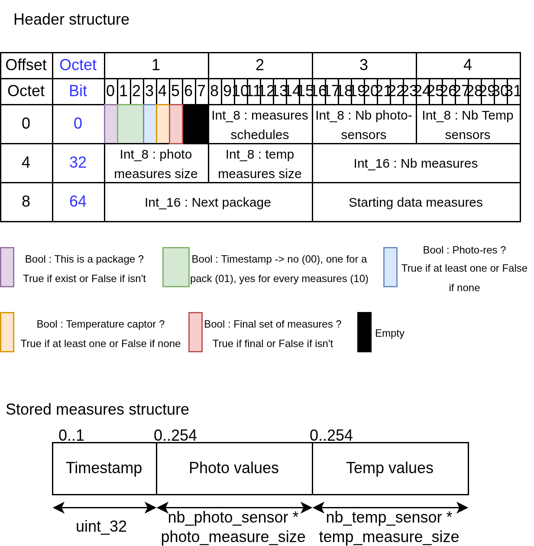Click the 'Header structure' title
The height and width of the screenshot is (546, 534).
pyautogui.click(x=71, y=19)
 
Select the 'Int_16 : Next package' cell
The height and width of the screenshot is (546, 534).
pyautogui.click(x=208, y=202)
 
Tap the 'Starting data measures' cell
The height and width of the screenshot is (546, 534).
pyautogui.click(x=416, y=202)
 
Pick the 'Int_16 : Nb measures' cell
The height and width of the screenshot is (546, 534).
pyautogui.click(x=416, y=163)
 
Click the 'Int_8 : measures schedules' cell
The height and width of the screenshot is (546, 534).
pyautogui.click(x=260, y=124)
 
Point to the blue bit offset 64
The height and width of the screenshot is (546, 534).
pyautogui.click(x=78, y=201)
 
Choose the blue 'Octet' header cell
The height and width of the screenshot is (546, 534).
pyautogui.click(x=78, y=65)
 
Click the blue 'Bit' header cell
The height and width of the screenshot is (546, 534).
pyautogui.click(x=78, y=91)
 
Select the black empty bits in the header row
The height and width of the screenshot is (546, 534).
pyautogui.click(x=196, y=124)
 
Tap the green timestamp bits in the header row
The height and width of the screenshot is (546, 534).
pyautogui.click(x=130, y=124)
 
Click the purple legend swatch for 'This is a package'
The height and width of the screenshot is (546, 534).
pyautogui.click(x=7, y=267)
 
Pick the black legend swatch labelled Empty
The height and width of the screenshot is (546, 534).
pyautogui.click(x=364, y=332)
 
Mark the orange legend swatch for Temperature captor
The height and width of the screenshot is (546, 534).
pyautogui.click(x=7, y=332)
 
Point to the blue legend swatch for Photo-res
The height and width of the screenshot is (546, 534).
pyautogui.click(x=390, y=267)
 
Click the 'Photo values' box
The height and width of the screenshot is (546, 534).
pyautogui.click(x=234, y=468)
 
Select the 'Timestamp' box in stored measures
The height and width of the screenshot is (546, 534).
pyautogui.click(x=104, y=468)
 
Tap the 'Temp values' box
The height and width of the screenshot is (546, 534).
pyautogui.click(x=390, y=468)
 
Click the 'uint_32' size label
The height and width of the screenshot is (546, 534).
pyautogui.click(x=101, y=526)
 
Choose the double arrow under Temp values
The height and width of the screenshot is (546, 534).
pyautogui.click(x=390, y=507)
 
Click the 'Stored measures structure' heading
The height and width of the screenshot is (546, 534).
pyautogui.click(x=97, y=409)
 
